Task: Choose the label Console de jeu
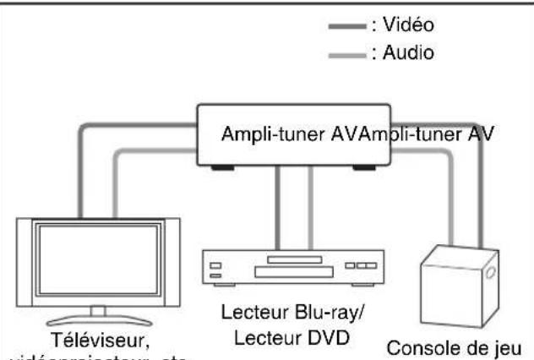[x=460, y=346]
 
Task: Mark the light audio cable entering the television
[x=112, y=186]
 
